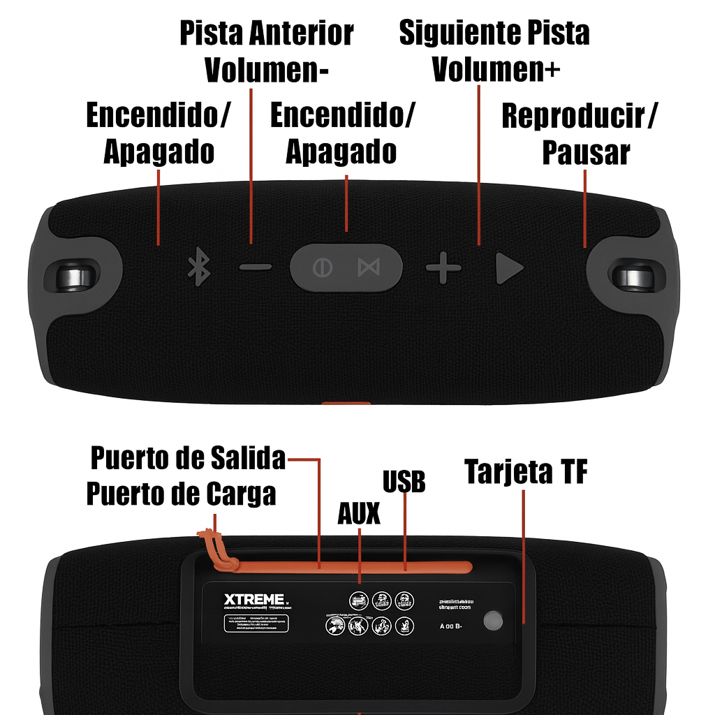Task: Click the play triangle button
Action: pyautogui.click(x=509, y=269)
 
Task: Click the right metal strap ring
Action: pyautogui.click(x=635, y=276)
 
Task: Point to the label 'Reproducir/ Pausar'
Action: pyautogui.click(x=580, y=134)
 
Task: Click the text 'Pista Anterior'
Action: pyautogui.click(x=266, y=33)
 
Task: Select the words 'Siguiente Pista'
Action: pyautogui.click(x=494, y=33)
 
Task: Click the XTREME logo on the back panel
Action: pyautogui.click(x=254, y=600)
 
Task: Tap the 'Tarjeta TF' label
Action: pyautogui.click(x=526, y=473)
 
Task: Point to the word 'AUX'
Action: pyautogui.click(x=359, y=514)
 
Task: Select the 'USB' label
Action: pyautogui.click(x=404, y=481)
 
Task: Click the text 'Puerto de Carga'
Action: pyautogui.click(x=181, y=494)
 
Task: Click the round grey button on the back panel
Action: pyautogui.click(x=494, y=620)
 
